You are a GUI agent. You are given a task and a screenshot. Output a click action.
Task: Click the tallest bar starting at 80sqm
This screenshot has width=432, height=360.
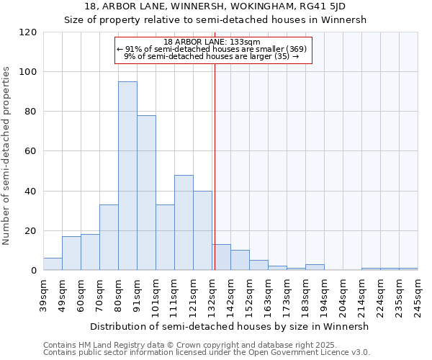127,176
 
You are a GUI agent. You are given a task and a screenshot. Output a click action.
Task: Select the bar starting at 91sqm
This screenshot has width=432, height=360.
146,193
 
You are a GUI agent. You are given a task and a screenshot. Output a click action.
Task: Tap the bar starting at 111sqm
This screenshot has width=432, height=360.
184,222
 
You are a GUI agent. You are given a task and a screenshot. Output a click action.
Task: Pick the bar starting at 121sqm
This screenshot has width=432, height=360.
202,230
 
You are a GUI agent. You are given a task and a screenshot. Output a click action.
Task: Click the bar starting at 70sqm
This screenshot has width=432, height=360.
109,238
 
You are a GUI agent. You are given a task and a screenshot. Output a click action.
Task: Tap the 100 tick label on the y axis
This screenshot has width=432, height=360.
28,72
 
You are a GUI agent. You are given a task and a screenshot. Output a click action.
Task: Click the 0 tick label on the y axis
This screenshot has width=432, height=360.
34,271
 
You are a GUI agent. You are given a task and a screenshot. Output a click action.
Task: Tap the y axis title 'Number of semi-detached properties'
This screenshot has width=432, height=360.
7,156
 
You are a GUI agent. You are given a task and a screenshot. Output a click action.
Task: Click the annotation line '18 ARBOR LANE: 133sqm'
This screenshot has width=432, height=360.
212,42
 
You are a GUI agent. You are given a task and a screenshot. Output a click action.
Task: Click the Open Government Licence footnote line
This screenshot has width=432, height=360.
206,353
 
